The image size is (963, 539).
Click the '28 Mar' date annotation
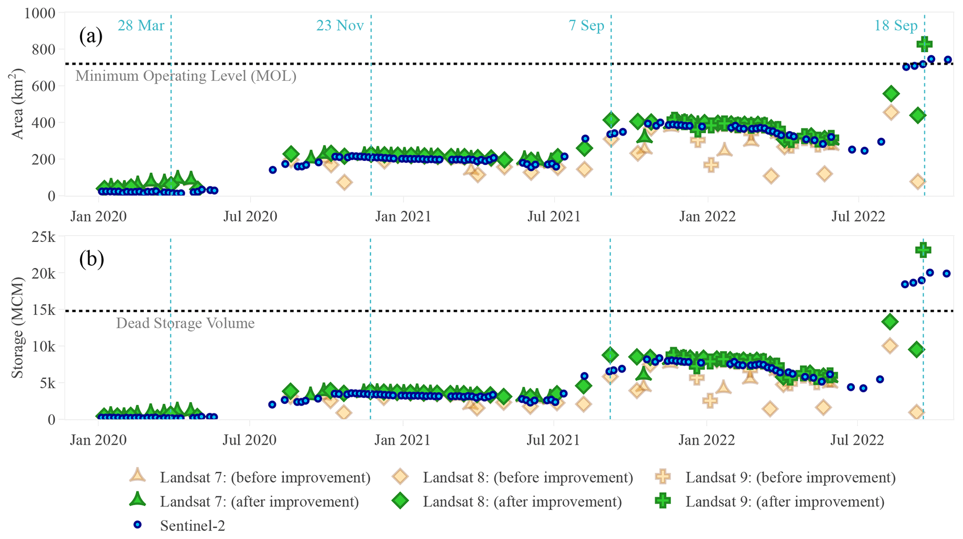click(141, 25)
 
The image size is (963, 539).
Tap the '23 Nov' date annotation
click(340, 25)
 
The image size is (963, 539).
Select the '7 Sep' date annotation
click(586, 25)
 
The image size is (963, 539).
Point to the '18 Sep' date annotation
click(895, 25)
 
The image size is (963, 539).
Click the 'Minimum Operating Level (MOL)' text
click(186, 76)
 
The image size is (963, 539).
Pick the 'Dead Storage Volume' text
click(185, 323)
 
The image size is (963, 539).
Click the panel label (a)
click(91, 35)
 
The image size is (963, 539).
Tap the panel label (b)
click(91, 259)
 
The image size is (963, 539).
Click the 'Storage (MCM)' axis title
click(18, 328)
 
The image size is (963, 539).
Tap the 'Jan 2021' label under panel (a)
click(403, 217)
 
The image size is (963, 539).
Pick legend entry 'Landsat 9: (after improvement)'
click(785, 502)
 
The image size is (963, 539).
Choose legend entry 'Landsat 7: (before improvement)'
click(265, 477)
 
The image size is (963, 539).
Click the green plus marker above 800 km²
click(924, 44)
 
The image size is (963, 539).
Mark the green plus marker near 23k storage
click(923, 250)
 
